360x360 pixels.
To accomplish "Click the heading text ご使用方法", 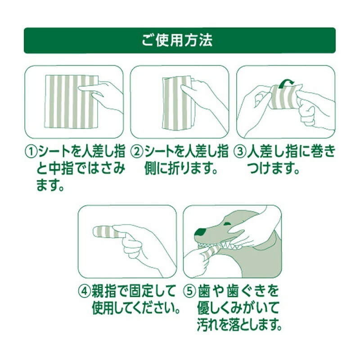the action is [177, 40].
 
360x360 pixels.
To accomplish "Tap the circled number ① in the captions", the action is [31, 152].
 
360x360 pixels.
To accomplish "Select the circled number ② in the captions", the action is [137, 152].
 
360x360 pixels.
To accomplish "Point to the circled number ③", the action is [240, 152].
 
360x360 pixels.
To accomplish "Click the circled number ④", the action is [85, 291].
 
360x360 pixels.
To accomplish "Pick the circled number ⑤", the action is [189, 291].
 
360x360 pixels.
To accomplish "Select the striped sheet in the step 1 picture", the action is [72, 102].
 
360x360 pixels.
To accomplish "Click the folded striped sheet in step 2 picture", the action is [177, 103].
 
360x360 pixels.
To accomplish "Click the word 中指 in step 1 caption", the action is [61, 168].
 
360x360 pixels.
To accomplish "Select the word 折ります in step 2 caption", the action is [185, 168].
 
